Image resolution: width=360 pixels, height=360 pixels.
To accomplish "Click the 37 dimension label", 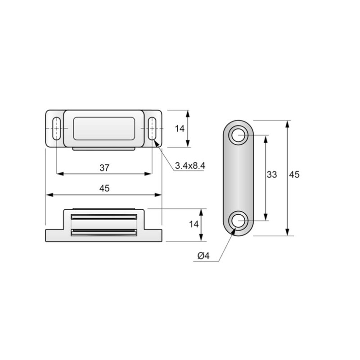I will [x=104, y=168].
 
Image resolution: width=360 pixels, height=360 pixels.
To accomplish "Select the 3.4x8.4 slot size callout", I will [x=190, y=166].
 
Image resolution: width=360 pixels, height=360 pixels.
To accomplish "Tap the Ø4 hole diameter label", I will [x=203, y=256].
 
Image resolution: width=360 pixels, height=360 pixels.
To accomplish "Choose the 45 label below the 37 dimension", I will [x=104, y=189].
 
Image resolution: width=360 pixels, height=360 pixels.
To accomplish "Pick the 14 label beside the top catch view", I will [x=180, y=129].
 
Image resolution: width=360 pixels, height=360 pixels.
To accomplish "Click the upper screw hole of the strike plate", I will [x=238, y=135].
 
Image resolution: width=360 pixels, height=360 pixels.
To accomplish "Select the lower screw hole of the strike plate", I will [x=238, y=220].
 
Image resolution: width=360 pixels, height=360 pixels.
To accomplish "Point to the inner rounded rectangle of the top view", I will [x=104, y=128].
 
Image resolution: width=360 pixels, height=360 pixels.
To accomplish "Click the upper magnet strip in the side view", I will [x=104, y=217].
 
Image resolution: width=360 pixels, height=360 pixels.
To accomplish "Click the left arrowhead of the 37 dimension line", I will [x=58, y=174].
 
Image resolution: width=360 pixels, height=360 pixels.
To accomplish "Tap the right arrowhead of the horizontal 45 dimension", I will [x=159, y=194].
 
